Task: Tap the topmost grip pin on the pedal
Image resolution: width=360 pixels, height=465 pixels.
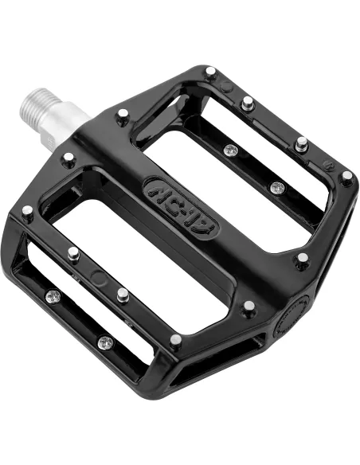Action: (x=210, y=72)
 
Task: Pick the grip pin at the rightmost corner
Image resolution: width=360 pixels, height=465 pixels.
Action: (x=346, y=176)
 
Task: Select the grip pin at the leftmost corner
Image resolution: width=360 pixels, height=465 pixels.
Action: (x=28, y=213)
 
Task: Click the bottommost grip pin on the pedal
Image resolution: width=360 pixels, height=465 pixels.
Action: (x=175, y=339)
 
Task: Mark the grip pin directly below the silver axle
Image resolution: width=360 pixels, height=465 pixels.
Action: (x=68, y=158)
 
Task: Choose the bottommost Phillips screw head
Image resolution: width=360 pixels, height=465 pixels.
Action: (x=104, y=343)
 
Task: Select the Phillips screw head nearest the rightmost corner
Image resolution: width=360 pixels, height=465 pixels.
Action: (x=276, y=188)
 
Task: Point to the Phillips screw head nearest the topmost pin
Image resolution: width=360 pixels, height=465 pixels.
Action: (x=230, y=150)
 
